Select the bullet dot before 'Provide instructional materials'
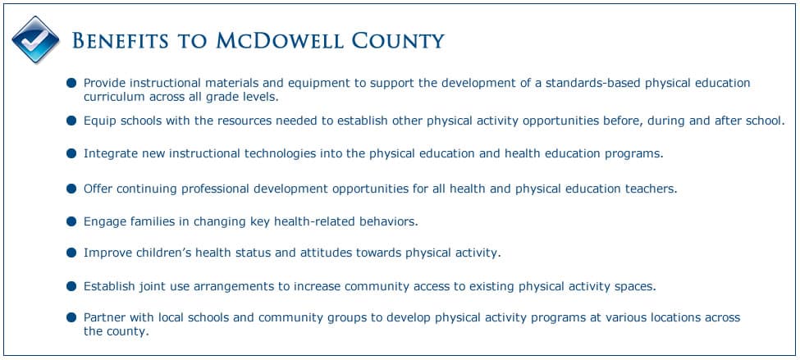click(x=71, y=83)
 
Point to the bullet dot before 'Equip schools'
click(x=71, y=121)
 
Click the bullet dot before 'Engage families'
click(x=71, y=221)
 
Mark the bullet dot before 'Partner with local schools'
click(x=71, y=317)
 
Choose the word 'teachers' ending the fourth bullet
click(x=648, y=188)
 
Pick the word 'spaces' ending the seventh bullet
click(x=633, y=286)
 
